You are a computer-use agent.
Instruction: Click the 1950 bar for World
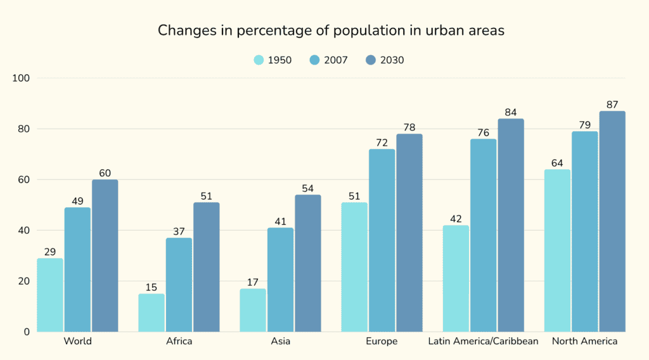[x=50, y=295]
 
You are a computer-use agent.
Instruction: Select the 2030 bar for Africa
[x=207, y=267]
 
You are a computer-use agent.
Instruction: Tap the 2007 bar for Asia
[x=280, y=280]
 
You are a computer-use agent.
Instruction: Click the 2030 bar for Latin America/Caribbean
[x=511, y=225]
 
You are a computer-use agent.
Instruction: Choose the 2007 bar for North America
[x=584, y=231]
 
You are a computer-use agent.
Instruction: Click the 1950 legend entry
[x=273, y=60]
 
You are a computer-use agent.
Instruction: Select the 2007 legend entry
[x=329, y=60]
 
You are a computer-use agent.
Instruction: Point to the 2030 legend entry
[x=385, y=60]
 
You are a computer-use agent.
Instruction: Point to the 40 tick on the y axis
[x=24, y=230]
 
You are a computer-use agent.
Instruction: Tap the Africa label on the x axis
[x=179, y=341]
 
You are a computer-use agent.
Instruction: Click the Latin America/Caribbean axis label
[x=484, y=341]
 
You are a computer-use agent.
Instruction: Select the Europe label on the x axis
[x=382, y=341]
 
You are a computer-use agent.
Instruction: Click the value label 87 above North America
[x=612, y=105]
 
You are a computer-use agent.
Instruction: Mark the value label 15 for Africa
[x=151, y=287]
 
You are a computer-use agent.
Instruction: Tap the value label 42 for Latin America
[x=456, y=219]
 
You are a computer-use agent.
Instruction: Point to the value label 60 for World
[x=105, y=173]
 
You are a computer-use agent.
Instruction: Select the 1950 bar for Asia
[x=253, y=310]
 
